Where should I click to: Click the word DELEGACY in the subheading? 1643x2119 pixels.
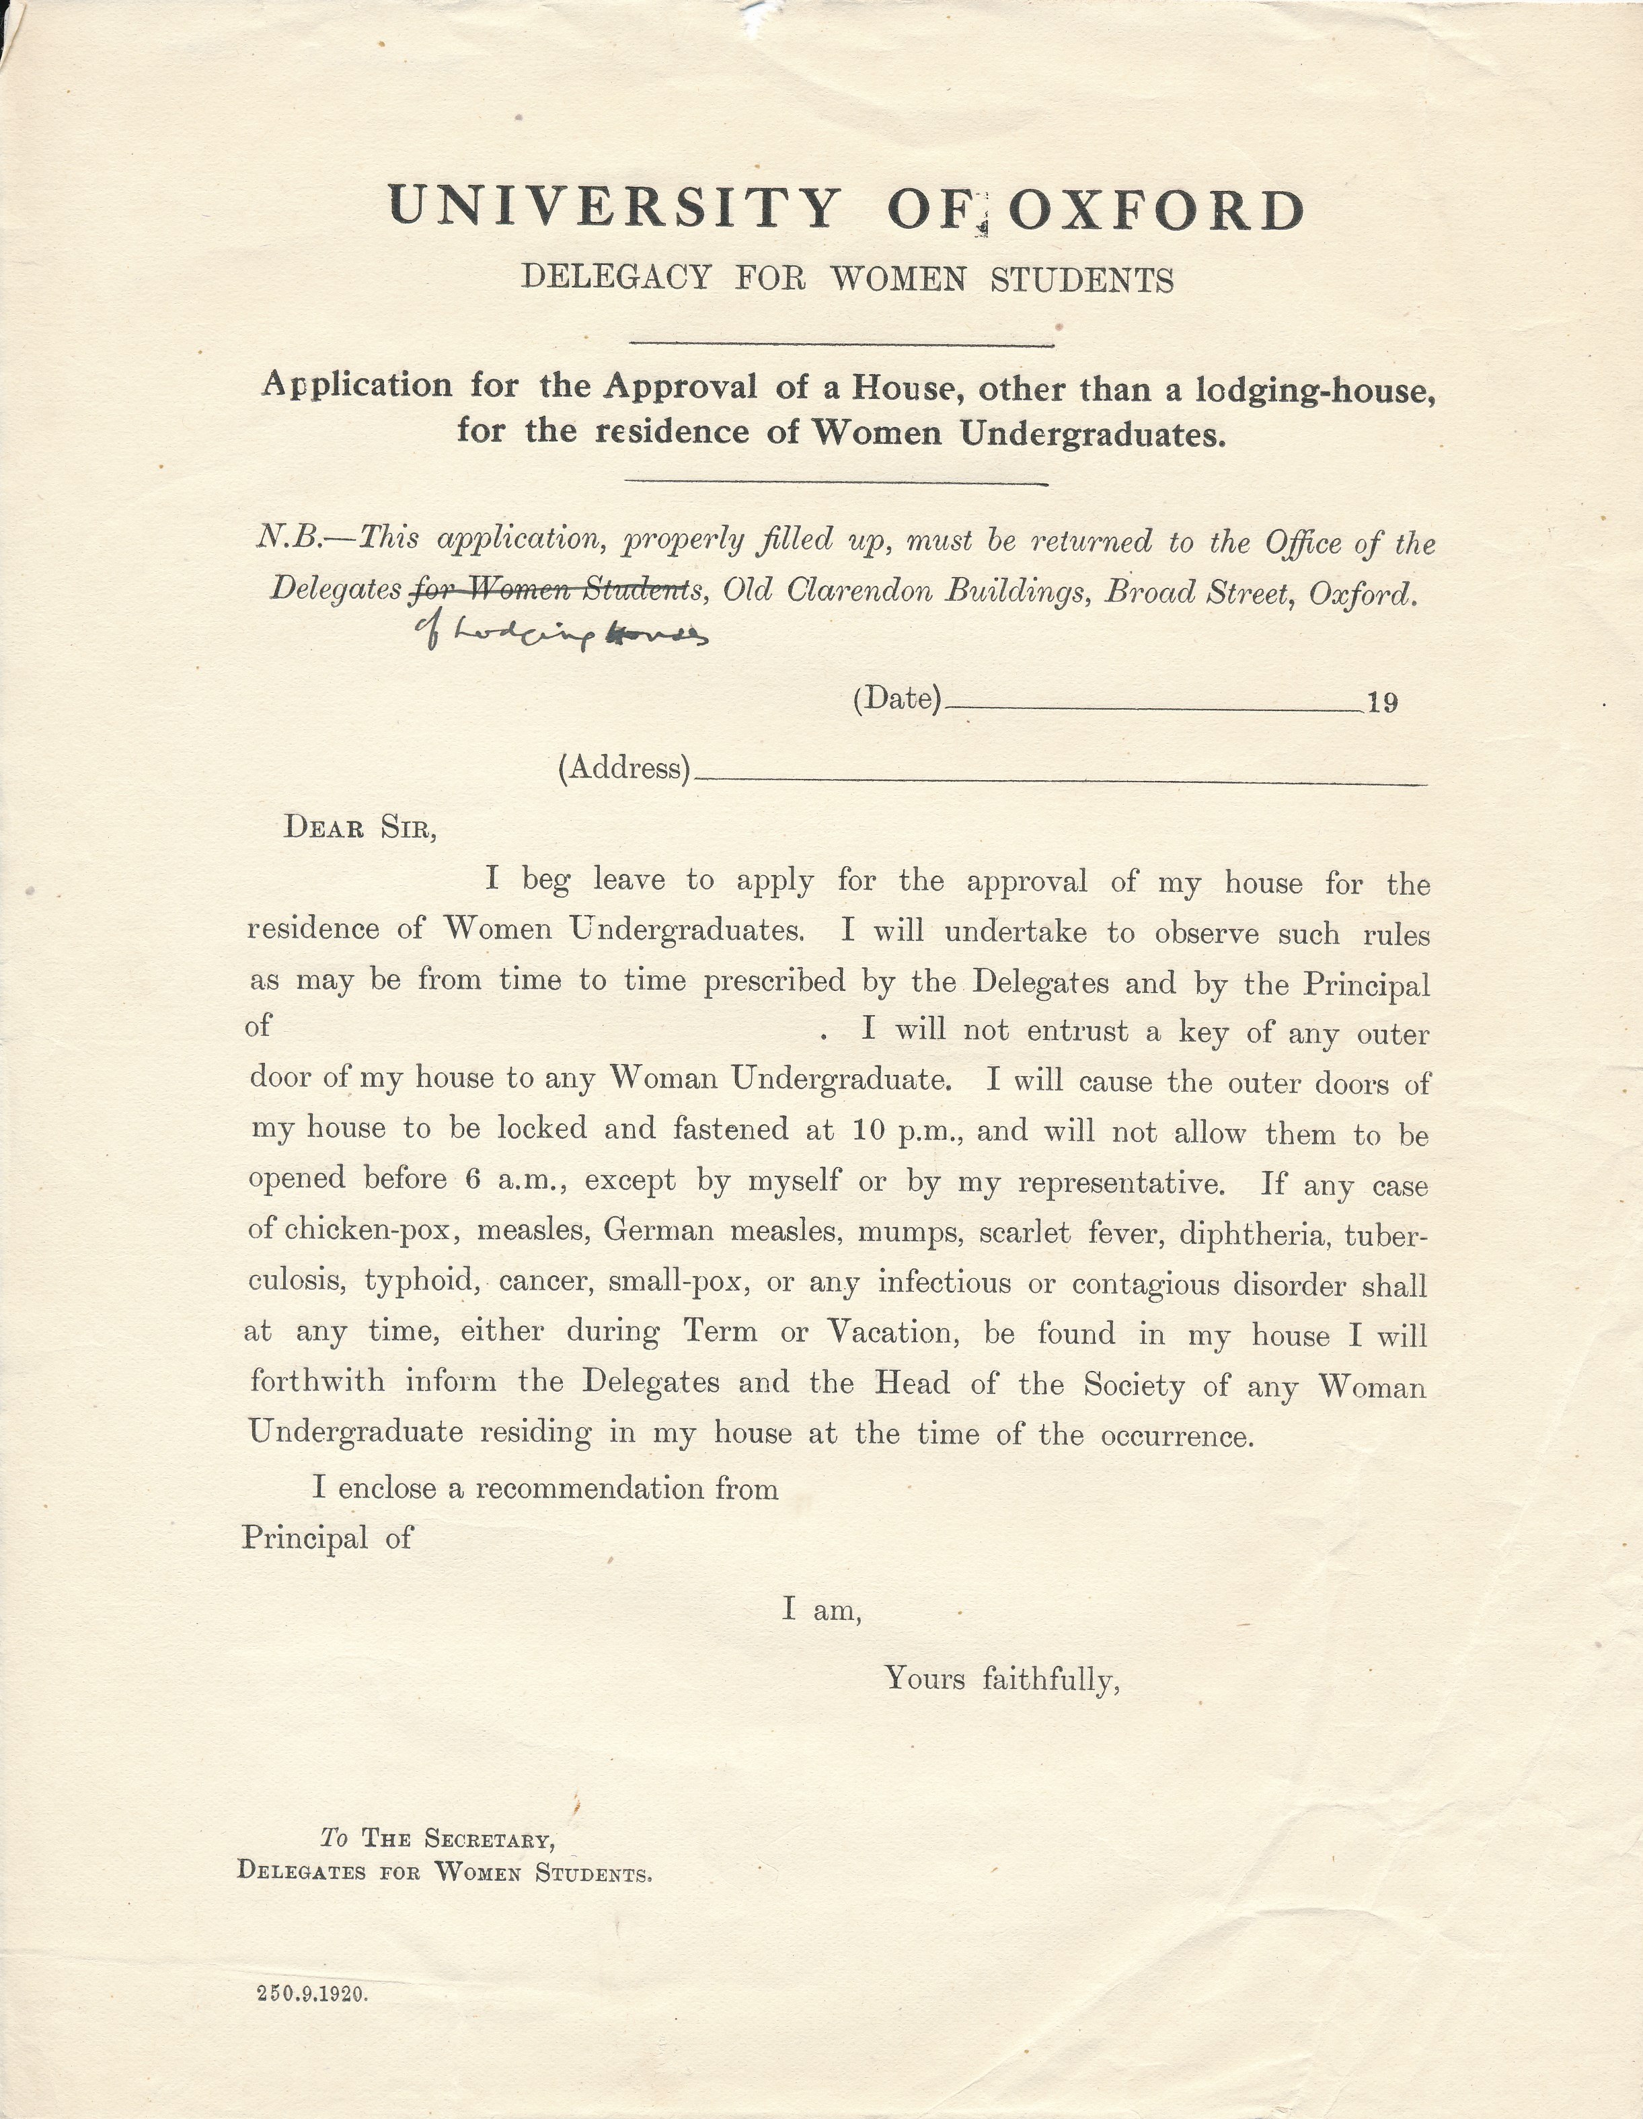coord(617,278)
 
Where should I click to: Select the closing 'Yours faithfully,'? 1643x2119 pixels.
coord(1002,1678)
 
